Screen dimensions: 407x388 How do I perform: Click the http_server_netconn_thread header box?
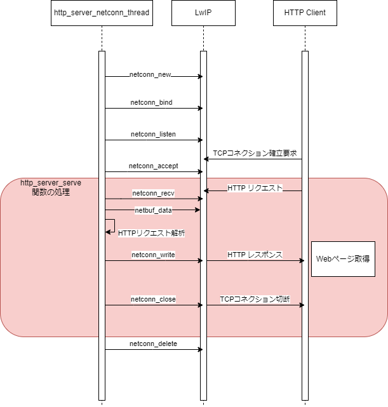pos(102,13)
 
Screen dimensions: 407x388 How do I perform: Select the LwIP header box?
pos(203,13)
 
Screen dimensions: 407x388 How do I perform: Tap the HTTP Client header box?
pos(305,13)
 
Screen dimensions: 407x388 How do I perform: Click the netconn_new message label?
pos(150,75)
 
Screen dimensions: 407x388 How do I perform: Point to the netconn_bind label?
pos(152,102)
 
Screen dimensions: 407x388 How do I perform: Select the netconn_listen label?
pos(153,134)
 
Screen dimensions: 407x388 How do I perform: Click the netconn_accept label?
pos(153,166)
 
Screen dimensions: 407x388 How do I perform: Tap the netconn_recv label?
pos(153,192)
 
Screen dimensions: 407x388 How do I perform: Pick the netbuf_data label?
pos(153,210)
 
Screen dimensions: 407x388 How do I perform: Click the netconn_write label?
pos(153,255)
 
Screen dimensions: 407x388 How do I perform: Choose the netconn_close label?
pos(153,299)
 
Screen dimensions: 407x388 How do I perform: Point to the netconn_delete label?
pos(153,344)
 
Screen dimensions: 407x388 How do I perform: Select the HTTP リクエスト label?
pos(255,188)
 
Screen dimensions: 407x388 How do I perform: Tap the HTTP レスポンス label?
pos(255,255)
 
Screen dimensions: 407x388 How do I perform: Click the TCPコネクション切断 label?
pos(255,298)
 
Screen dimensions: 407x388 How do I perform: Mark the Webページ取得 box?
pos(343,258)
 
